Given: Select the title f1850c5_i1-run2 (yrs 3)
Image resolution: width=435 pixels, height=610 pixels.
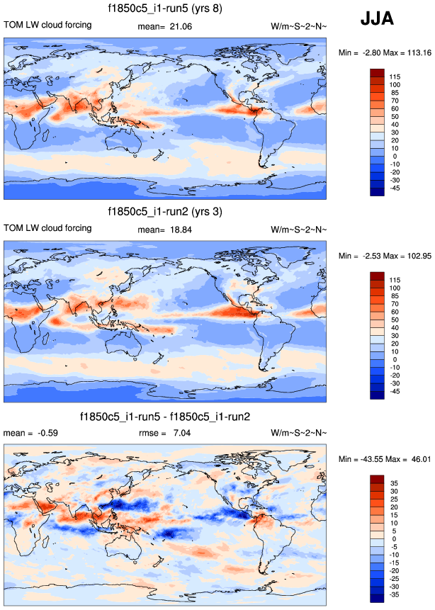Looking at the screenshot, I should coord(164,212).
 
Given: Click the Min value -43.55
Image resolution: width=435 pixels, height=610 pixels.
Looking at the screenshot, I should coord(368,459).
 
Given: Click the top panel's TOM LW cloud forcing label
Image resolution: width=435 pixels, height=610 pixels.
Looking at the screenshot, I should coord(48,26).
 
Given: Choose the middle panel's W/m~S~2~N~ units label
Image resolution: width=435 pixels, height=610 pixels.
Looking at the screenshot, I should coord(299,229).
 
